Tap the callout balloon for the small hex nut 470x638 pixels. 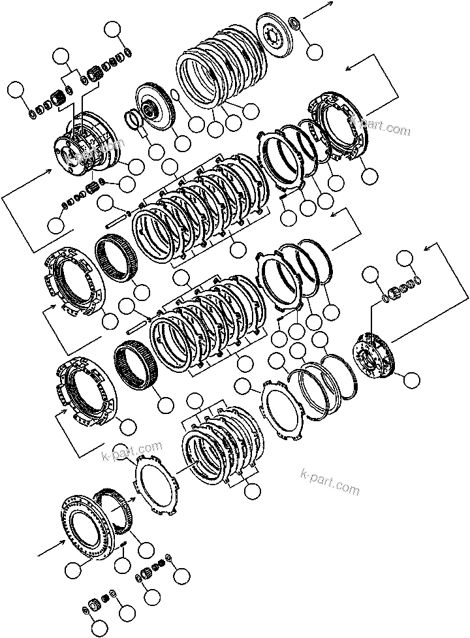[315, 50]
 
